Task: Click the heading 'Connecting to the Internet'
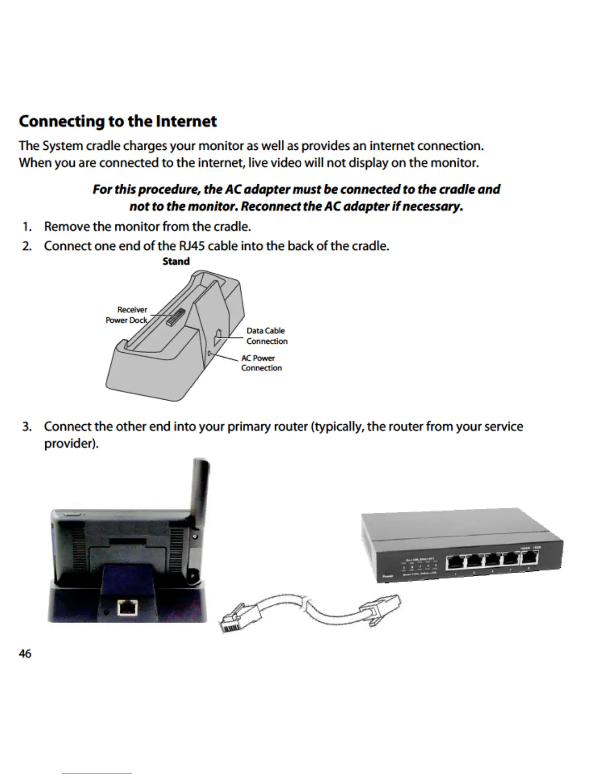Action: [118, 121]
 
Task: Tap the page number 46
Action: [25, 654]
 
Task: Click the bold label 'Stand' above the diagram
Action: [176, 261]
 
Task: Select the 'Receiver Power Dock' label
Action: [127, 315]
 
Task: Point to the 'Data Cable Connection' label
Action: [267, 336]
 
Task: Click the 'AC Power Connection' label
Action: [261, 363]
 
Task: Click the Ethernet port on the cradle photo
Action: [128, 608]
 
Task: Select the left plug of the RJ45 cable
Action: [235, 620]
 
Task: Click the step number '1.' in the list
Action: [27, 227]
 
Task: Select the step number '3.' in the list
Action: [27, 426]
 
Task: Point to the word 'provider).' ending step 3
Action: [71, 444]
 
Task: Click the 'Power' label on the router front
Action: [388, 577]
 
